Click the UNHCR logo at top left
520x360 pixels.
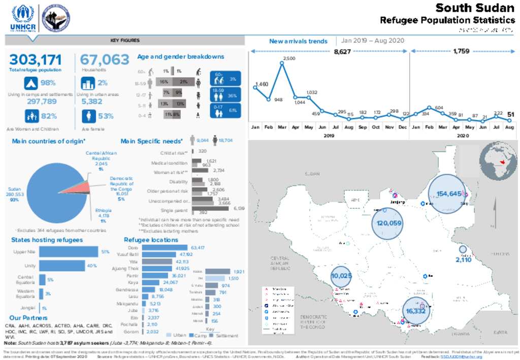(22, 18)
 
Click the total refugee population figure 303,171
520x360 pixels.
(35, 60)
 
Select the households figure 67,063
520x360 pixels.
(105, 60)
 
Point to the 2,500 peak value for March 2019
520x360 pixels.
(288, 58)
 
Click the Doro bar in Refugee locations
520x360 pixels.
(160, 247)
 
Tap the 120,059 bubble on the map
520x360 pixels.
(389, 223)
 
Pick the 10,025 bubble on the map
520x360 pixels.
(341, 276)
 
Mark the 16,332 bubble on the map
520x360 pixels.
(415, 310)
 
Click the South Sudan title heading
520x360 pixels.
(475, 8)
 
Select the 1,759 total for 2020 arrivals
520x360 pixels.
(461, 51)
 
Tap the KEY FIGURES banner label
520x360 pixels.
(125, 41)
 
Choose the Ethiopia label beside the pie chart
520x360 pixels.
(103, 211)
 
